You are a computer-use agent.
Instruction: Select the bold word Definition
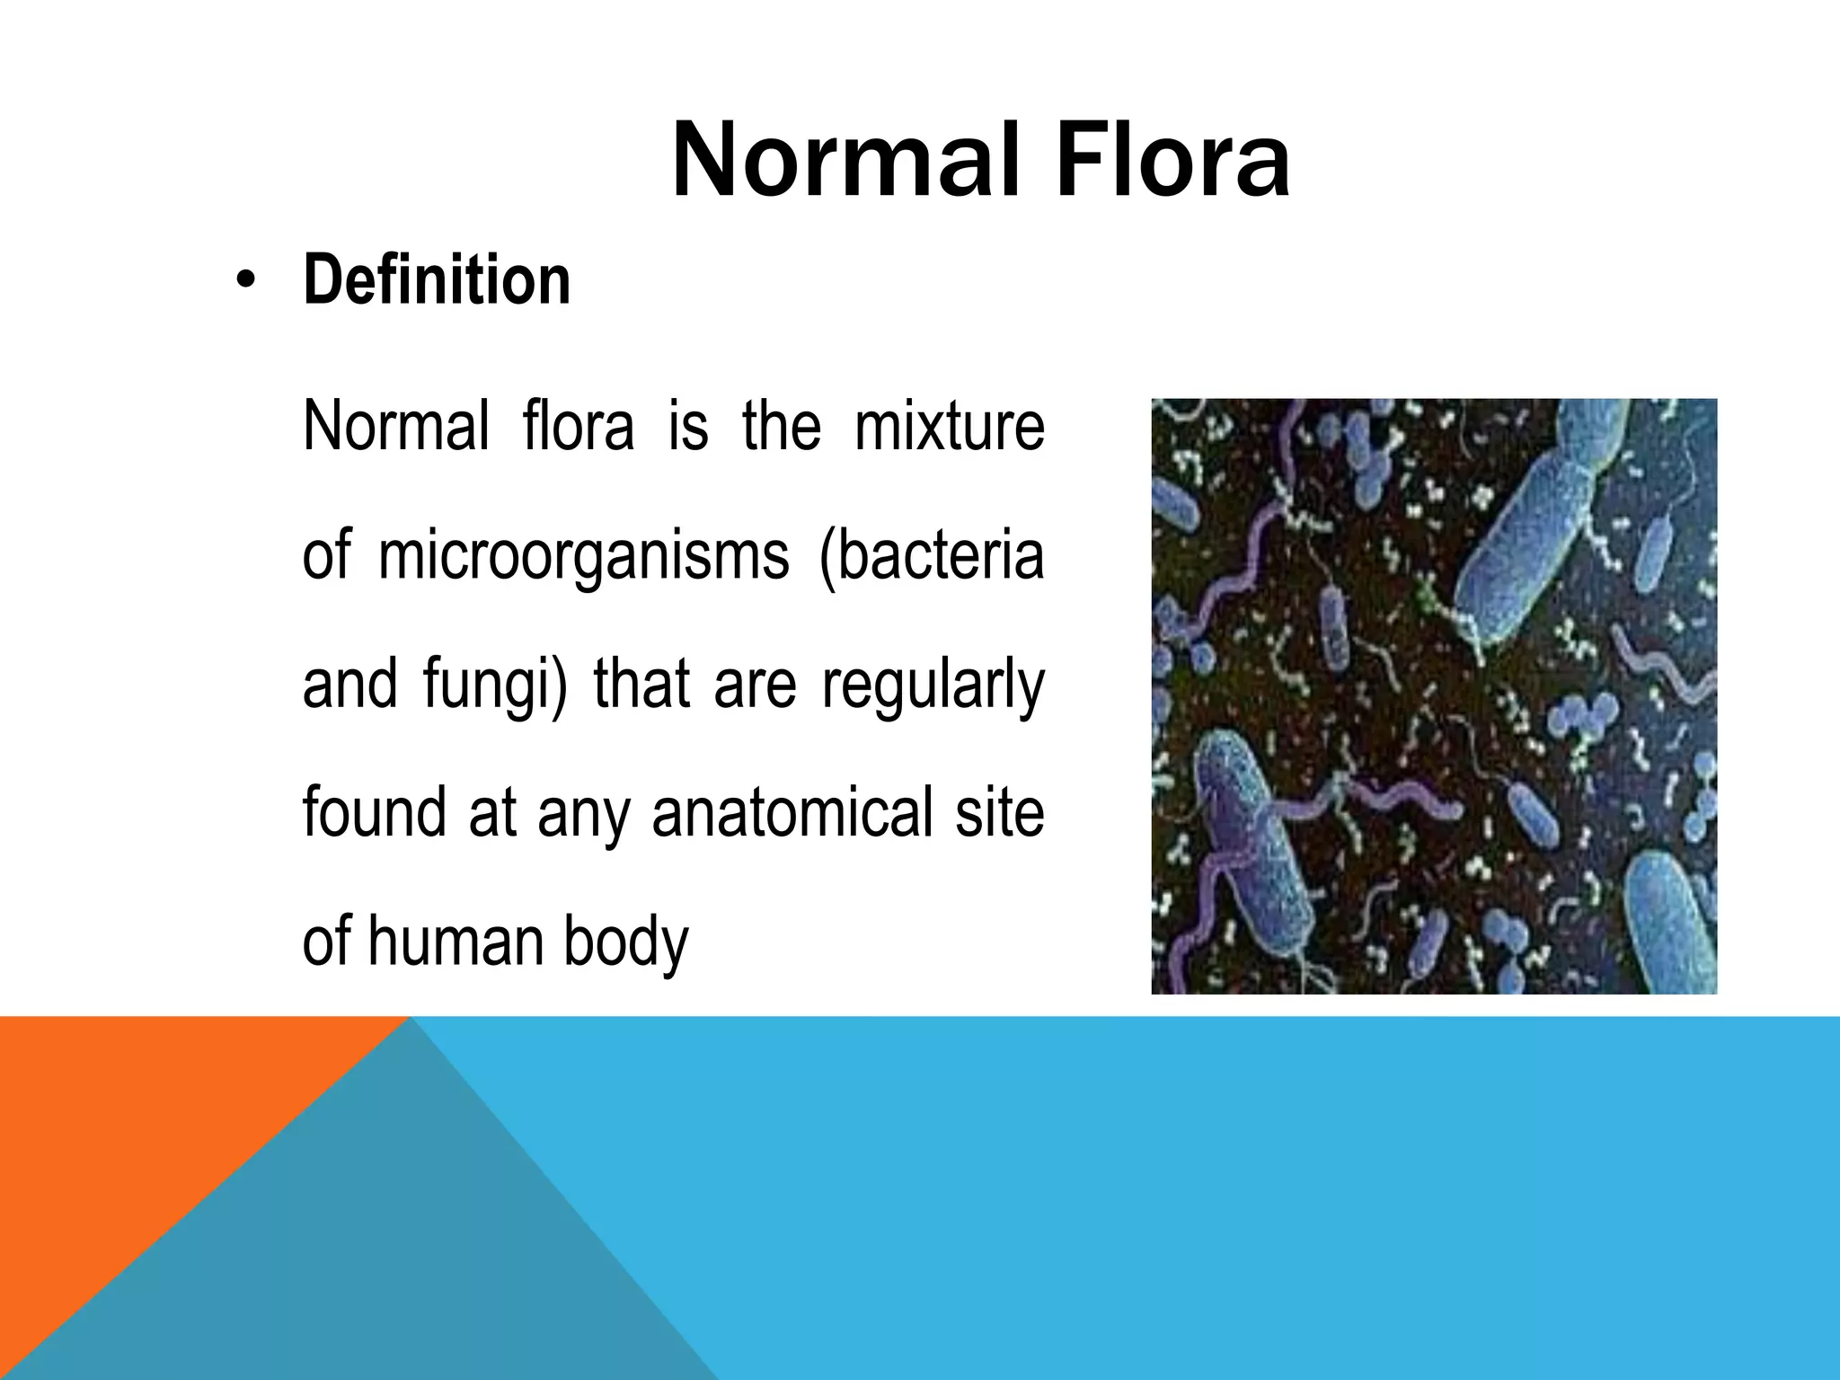[437, 280]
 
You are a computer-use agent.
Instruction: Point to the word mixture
[949, 426]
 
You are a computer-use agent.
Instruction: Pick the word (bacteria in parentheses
[932, 555]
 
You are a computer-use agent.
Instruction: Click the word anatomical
[792, 813]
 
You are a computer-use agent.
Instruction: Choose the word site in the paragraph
[999, 813]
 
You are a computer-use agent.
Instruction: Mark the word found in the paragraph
[373, 813]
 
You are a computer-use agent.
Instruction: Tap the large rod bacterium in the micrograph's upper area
[1527, 539]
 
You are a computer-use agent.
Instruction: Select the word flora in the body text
[578, 426]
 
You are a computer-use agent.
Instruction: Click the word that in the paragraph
[641, 685]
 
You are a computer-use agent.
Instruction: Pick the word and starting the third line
[349, 685]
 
